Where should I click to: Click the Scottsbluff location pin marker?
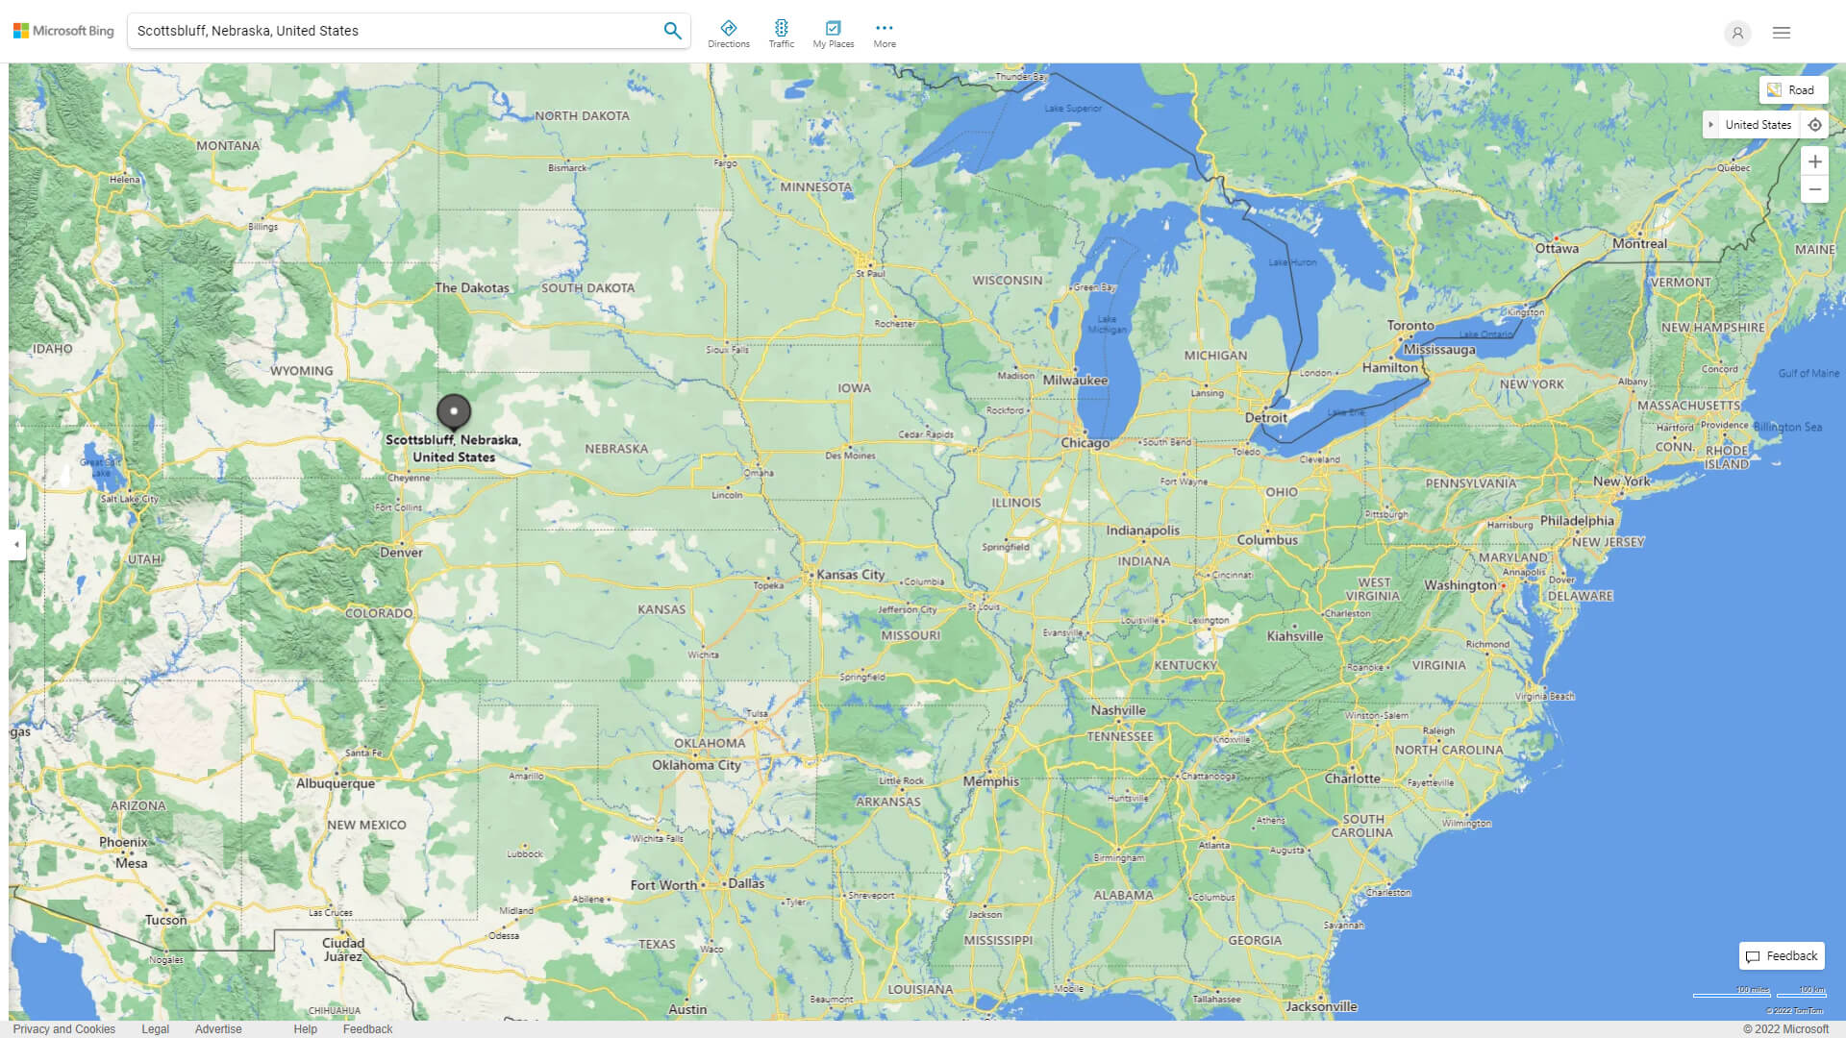point(454,411)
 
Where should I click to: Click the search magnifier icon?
point(672,31)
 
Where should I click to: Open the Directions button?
point(729,34)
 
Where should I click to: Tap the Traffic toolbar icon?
point(781,34)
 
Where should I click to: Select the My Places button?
point(833,34)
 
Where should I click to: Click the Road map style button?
point(1792,90)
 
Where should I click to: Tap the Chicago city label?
point(1085,443)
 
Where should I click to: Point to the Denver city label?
point(401,553)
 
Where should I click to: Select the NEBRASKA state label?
point(616,449)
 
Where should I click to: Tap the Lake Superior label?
point(1073,109)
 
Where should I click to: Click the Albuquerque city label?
point(336,783)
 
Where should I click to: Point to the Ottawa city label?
point(1557,249)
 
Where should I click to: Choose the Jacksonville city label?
point(1321,1006)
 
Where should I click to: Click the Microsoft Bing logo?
point(63,31)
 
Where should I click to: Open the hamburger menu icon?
point(1782,33)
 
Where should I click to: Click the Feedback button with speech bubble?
point(1782,956)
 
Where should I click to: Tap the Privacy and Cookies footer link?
point(64,1028)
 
